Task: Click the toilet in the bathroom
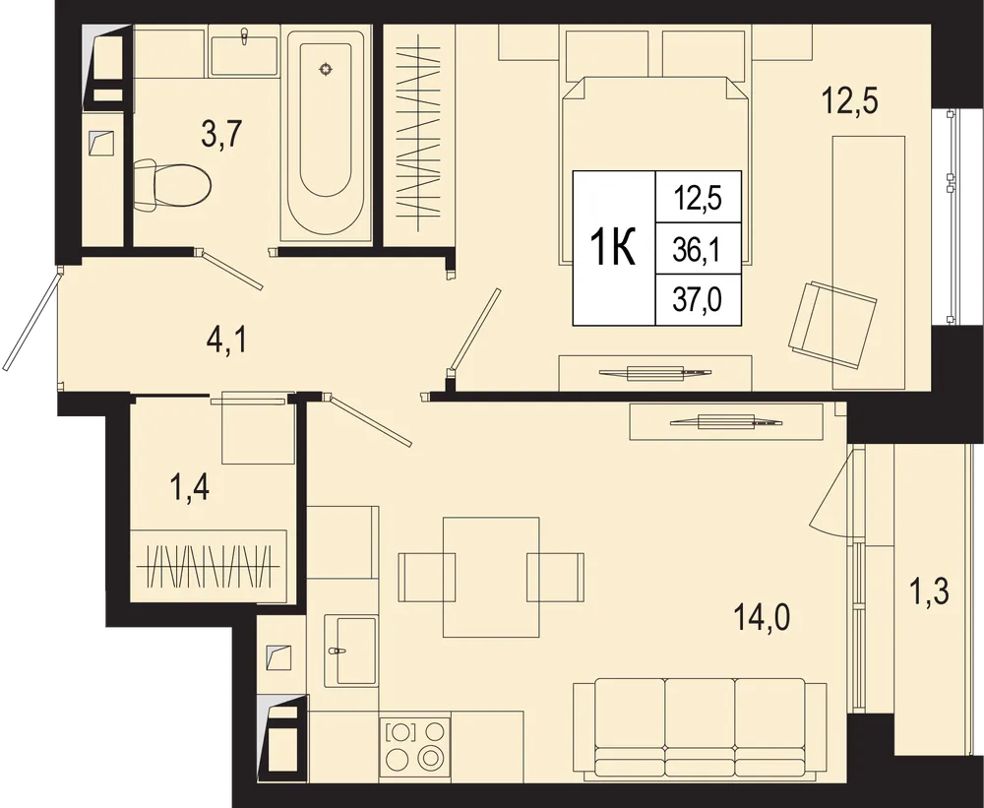click(172, 186)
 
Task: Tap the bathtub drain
click(325, 69)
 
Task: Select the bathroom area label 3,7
click(221, 135)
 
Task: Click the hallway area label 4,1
click(227, 342)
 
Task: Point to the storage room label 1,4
click(190, 488)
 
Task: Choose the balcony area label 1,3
click(929, 591)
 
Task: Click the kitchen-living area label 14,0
click(762, 618)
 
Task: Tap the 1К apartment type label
click(614, 248)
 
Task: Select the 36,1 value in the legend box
click(697, 250)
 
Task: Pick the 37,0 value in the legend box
click(698, 300)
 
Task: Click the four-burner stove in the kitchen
click(414, 746)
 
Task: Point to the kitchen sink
click(351, 651)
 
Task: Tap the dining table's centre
click(491, 578)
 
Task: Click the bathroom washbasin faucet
click(245, 36)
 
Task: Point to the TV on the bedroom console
click(655, 372)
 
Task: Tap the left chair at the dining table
click(427, 577)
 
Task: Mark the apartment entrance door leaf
click(32, 319)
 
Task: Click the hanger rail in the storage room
click(209, 567)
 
